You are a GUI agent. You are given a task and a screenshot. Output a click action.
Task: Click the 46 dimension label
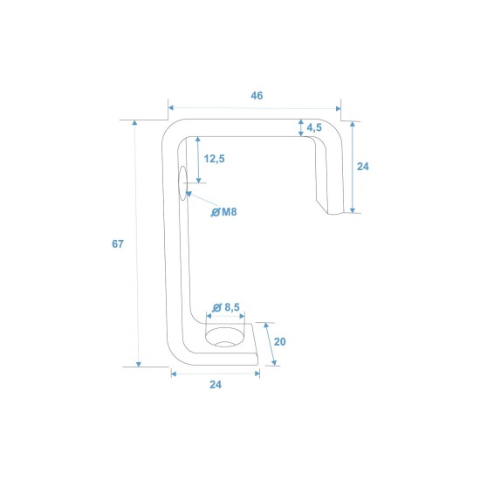click(257, 95)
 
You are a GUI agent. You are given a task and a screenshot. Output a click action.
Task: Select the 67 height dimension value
click(118, 244)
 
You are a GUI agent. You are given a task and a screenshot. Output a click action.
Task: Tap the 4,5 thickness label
click(314, 127)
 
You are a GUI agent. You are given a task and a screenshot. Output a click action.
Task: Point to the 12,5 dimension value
click(215, 159)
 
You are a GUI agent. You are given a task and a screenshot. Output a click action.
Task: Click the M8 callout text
click(230, 212)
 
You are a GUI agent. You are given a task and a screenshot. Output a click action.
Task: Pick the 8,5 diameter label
click(232, 307)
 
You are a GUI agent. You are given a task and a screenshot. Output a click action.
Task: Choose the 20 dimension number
click(279, 341)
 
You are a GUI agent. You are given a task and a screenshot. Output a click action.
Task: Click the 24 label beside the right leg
click(363, 167)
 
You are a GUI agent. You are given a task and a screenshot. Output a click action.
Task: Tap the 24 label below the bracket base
click(216, 385)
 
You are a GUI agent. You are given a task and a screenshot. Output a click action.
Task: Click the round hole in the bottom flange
click(225, 337)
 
